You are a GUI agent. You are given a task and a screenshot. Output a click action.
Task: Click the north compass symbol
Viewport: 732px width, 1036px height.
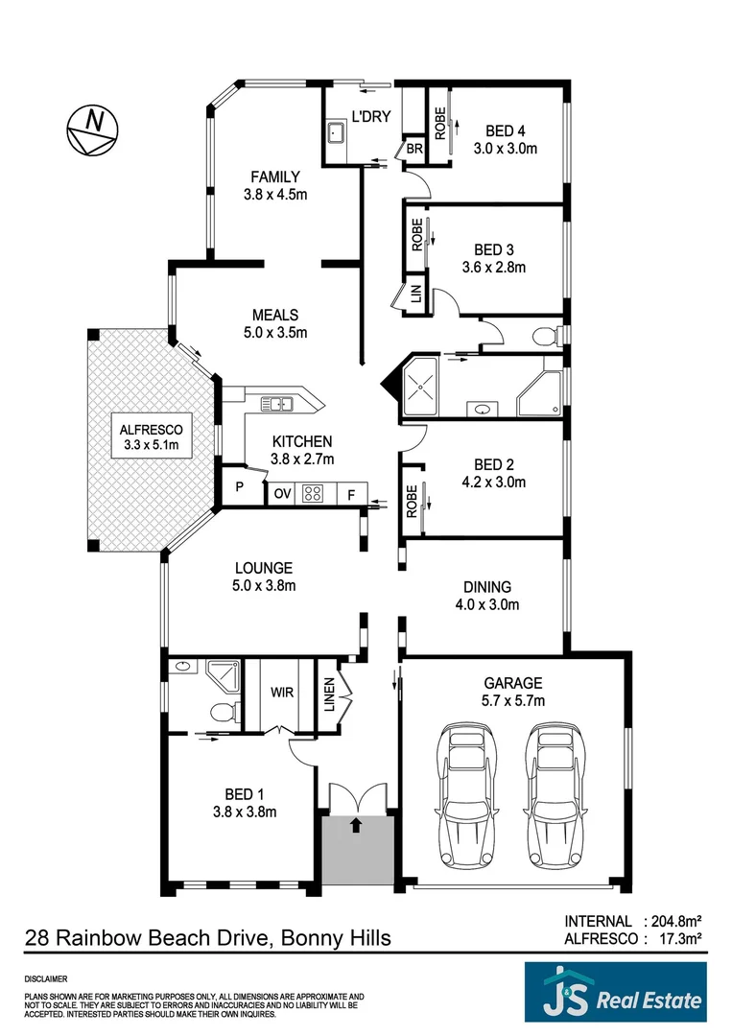92,130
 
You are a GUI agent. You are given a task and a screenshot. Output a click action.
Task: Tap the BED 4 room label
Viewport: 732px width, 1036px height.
506,130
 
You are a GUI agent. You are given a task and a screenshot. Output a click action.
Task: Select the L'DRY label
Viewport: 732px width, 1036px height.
371,116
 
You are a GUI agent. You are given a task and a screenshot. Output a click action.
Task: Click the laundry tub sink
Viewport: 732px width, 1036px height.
337,131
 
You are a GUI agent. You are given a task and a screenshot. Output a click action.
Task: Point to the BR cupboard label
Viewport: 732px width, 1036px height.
414,150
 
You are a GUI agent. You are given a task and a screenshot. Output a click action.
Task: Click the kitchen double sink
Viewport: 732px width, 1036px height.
277,403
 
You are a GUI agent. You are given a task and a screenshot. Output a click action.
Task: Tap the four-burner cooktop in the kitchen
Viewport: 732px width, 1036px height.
313,494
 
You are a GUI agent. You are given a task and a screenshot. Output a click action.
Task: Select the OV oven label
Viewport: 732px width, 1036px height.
283,494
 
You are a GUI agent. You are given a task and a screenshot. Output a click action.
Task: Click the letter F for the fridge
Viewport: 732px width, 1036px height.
351,494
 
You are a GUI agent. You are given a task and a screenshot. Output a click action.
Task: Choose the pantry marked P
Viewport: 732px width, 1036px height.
240,487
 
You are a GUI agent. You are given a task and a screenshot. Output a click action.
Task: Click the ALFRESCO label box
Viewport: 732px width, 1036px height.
152,436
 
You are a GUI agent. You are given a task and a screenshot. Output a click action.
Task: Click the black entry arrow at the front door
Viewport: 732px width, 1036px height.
357,824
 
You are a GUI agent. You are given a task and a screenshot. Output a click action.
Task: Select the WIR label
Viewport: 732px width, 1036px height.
282,693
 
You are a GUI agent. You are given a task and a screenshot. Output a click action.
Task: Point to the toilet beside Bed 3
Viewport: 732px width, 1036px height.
546,337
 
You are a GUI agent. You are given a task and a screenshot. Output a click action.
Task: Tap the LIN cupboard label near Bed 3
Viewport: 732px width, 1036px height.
416,294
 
